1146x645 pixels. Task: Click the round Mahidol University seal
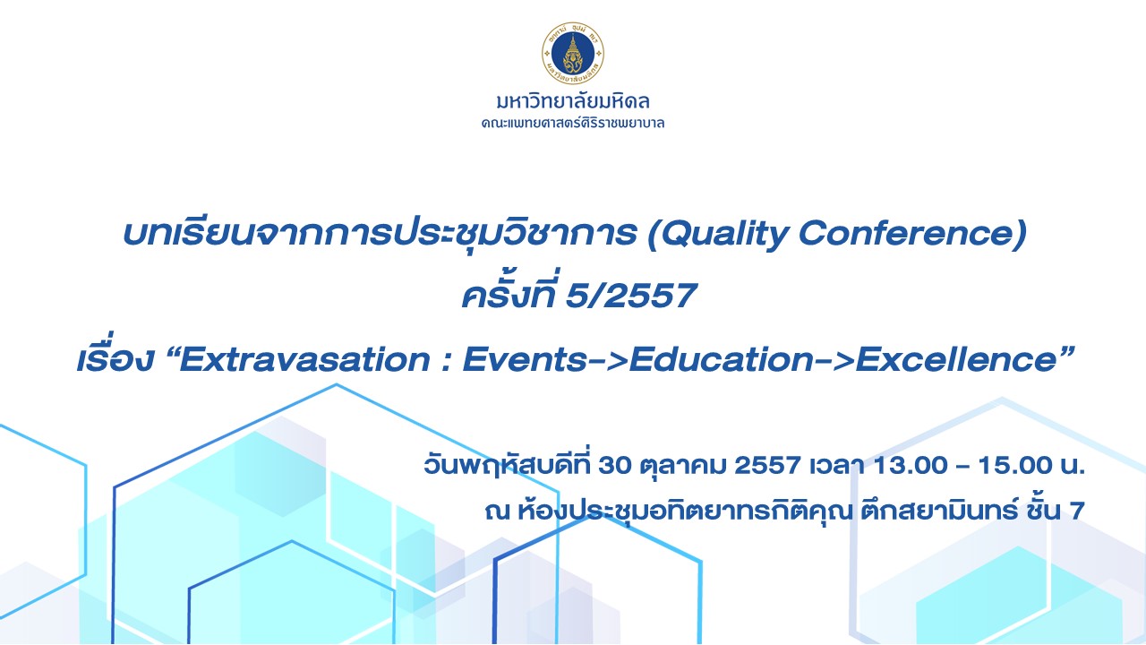point(573,53)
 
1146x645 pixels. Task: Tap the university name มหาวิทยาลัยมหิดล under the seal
point(573,101)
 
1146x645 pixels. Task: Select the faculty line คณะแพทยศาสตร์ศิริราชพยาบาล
point(573,124)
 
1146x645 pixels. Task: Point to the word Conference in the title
point(908,233)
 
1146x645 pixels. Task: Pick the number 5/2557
point(631,296)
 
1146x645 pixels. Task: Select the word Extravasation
point(304,359)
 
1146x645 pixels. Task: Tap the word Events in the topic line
point(525,359)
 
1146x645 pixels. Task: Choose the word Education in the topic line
point(722,359)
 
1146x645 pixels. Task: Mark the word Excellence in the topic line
point(957,359)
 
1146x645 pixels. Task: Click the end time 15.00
point(1015,465)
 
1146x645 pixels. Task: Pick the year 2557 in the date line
point(768,465)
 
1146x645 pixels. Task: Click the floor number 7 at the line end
point(1077,511)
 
